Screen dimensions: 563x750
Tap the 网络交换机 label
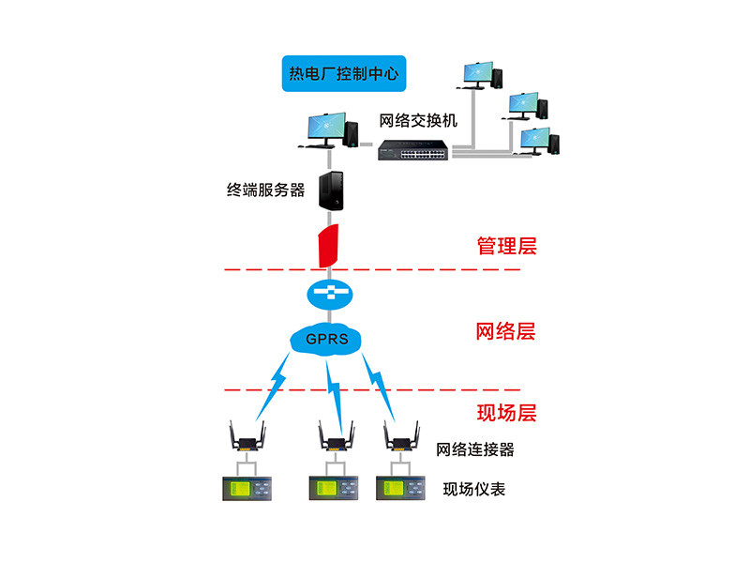tap(417, 121)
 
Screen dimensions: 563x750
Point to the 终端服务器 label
tap(266, 190)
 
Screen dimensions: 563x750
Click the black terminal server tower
tap(332, 190)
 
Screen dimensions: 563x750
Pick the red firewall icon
tap(327, 246)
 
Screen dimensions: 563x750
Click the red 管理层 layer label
tap(506, 247)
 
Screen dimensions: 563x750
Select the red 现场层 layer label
tap(506, 412)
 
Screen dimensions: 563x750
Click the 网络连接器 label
tap(475, 449)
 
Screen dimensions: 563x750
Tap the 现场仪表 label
tap(474, 489)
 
